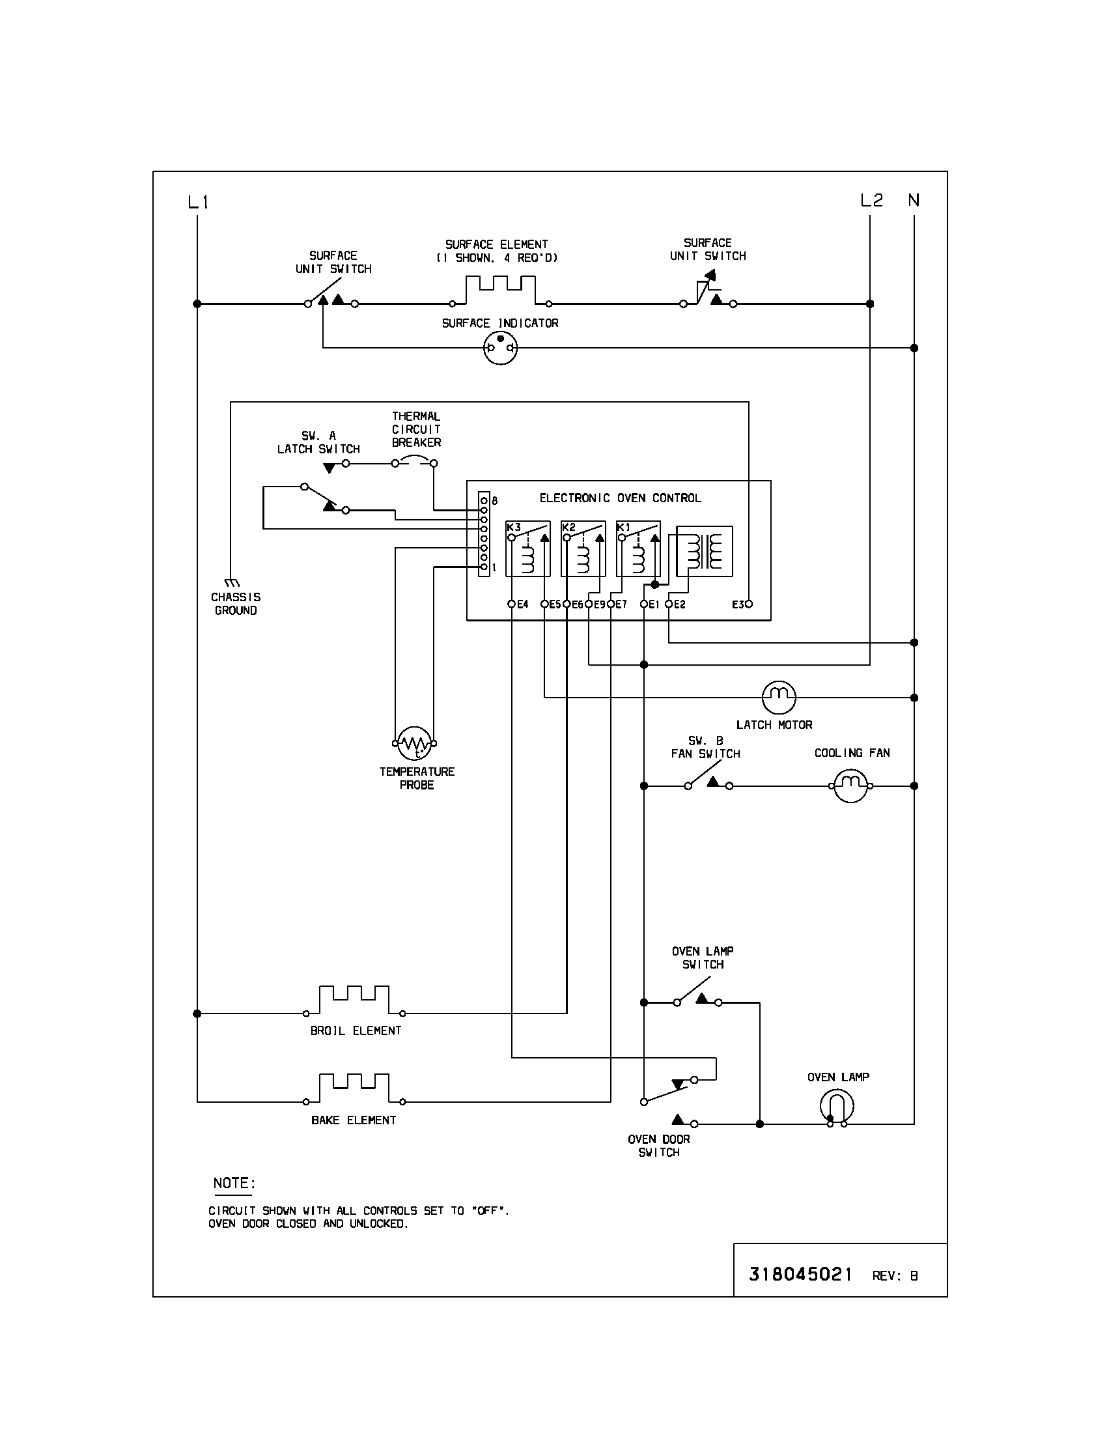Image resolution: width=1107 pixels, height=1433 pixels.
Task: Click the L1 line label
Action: tap(198, 202)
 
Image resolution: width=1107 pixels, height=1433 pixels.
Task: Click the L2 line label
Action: tap(871, 201)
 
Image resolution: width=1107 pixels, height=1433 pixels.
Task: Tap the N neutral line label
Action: tap(914, 200)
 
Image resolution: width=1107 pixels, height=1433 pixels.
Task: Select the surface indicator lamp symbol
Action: tap(500, 348)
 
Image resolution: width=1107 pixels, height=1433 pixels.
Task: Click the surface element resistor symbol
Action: tap(500, 290)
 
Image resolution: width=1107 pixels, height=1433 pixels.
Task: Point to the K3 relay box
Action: tap(527, 548)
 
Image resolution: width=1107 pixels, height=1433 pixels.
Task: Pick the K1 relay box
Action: tap(638, 548)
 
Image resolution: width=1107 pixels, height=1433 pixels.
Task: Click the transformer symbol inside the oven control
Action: tap(705, 551)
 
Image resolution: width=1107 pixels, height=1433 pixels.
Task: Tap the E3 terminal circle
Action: tap(749, 604)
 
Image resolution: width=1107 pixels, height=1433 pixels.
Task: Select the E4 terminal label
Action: tap(523, 604)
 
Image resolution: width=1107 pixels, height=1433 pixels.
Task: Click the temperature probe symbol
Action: tap(414, 743)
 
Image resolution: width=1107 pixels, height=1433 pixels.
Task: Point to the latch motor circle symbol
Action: tap(778, 697)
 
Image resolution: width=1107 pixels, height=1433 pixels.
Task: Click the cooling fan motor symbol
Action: tap(850, 786)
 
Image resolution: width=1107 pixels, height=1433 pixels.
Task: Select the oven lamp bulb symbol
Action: tap(836, 1106)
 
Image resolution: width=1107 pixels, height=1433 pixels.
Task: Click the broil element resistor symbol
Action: tap(354, 1000)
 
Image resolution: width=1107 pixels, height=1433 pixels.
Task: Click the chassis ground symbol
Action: tap(232, 582)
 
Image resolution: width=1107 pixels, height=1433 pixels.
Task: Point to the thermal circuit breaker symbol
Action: tap(413, 462)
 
